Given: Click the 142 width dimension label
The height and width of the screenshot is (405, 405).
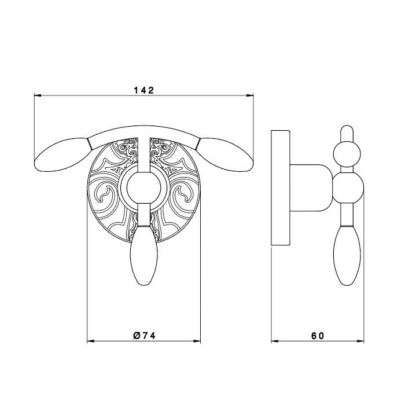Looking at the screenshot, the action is pos(144,90).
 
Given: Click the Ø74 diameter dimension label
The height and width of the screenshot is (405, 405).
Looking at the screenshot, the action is pos(145,336).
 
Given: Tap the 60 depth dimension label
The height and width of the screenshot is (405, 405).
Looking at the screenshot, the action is pos(318,336).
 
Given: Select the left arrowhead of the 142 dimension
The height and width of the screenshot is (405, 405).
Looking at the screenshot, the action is pos(38,95).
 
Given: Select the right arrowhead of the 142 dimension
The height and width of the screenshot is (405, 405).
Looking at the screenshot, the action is pos(250,95).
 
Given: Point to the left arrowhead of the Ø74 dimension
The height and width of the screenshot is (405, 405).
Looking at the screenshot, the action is pos(91,341).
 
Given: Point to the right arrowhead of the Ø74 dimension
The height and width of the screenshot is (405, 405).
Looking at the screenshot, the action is pos(197,341).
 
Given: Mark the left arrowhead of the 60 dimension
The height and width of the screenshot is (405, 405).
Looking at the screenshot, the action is pos(275,341).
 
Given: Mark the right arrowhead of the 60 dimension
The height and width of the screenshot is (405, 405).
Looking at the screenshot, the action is pos(360,341).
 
